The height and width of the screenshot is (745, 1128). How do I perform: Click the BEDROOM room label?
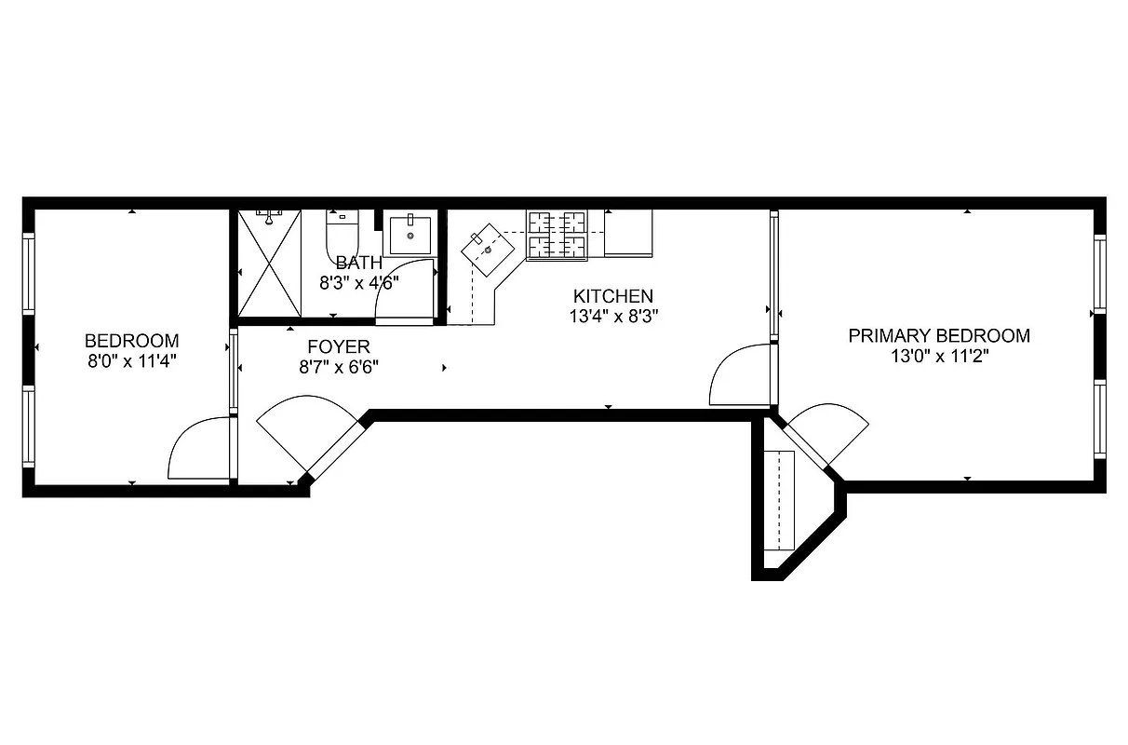click(131, 341)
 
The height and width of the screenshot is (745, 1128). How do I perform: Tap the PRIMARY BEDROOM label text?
click(939, 336)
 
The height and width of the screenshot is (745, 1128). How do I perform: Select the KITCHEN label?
click(612, 296)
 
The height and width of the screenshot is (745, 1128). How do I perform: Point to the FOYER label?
click(338, 347)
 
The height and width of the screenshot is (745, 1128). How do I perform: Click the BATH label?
click(358, 263)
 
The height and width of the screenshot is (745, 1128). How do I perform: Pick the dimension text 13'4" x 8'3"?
click(615, 316)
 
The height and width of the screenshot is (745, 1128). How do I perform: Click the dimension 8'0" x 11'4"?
click(131, 360)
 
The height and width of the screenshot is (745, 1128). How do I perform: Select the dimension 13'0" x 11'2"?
click(939, 356)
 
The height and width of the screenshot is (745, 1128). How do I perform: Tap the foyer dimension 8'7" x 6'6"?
click(338, 367)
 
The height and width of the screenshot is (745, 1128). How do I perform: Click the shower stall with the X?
click(269, 264)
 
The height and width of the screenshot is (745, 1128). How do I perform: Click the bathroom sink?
click(410, 235)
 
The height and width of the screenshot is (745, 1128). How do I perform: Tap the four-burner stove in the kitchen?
click(557, 235)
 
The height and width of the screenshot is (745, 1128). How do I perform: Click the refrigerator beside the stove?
click(628, 233)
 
